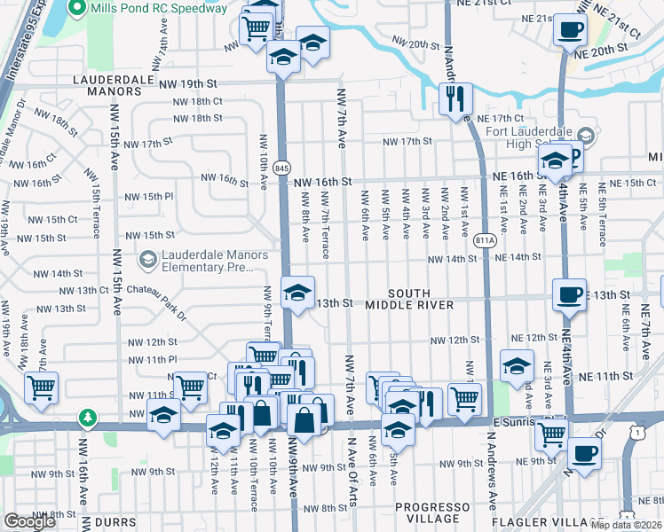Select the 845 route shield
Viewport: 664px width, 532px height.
282,168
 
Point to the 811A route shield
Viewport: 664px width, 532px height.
485,239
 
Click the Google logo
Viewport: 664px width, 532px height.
29,521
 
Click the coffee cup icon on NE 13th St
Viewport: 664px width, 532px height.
568,294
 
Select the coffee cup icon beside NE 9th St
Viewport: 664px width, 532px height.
584,453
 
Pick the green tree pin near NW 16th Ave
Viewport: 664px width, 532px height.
87,416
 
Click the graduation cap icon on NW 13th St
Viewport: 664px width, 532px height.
297,291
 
